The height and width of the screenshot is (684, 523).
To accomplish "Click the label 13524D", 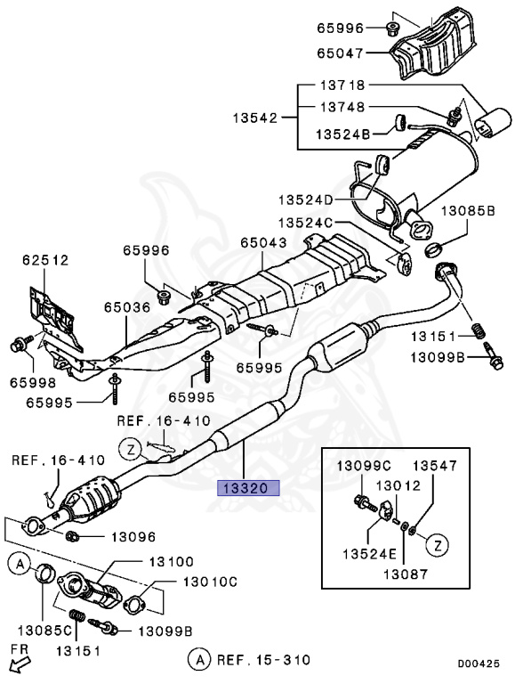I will (303, 199).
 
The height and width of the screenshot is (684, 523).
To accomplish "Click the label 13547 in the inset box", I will (433, 465).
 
